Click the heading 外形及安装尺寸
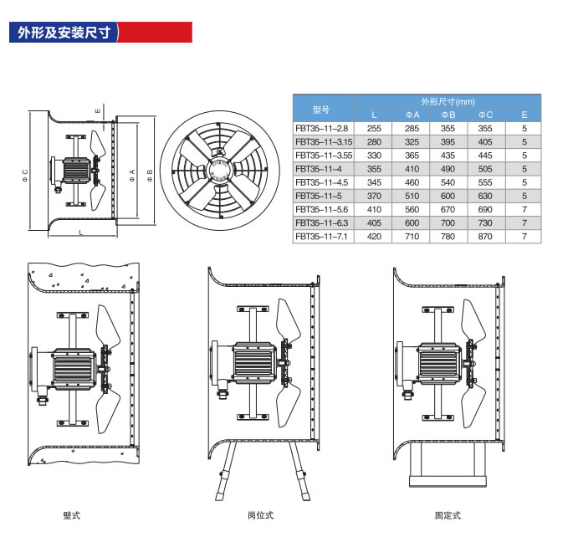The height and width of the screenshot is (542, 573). click(x=64, y=33)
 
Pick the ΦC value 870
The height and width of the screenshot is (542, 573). click(x=485, y=237)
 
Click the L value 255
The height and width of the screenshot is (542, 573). click(x=374, y=128)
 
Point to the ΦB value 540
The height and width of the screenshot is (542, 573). click(x=448, y=182)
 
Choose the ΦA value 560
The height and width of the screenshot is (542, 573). click(x=412, y=210)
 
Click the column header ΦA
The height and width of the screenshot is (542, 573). click(x=412, y=115)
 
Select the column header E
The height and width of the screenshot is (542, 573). click(x=524, y=115)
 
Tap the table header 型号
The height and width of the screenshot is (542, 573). click(x=321, y=109)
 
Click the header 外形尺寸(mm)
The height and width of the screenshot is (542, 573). click(x=448, y=100)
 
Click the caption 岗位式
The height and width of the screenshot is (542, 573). click(x=260, y=515)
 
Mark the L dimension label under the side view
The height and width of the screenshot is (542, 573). click(x=80, y=233)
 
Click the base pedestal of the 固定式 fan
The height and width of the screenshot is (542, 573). click(x=446, y=465)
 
